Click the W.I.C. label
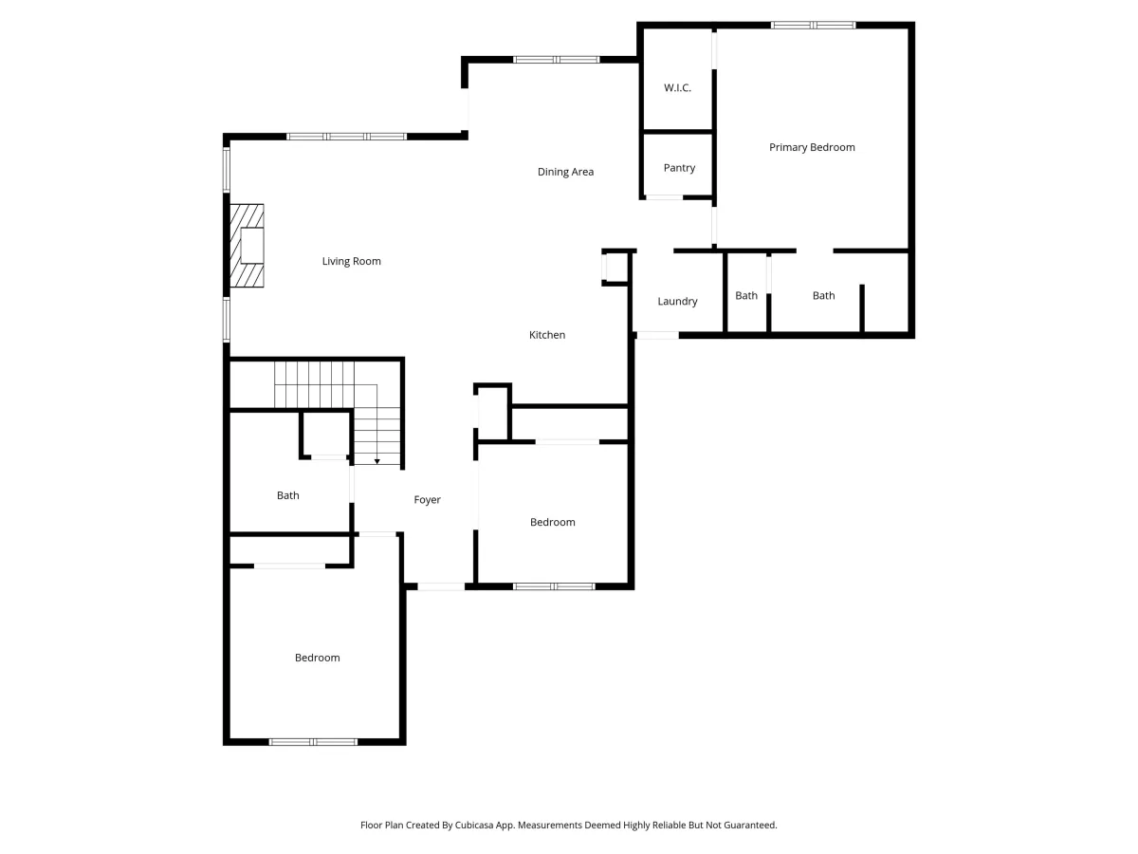[x=677, y=87]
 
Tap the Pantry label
[x=679, y=168]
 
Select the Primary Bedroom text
[x=812, y=147]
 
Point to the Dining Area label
[x=565, y=172]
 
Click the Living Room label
[x=352, y=261]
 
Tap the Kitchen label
[x=547, y=335]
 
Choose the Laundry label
[x=677, y=301]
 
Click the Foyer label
[x=427, y=500]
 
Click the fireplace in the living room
[x=247, y=246]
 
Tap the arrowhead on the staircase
[x=376, y=461]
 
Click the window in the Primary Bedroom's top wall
[x=813, y=25]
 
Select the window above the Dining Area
[x=557, y=60]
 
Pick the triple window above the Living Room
[x=346, y=137]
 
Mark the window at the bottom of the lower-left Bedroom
[x=313, y=742]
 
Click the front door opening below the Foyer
[x=441, y=586]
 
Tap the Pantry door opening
[x=664, y=197]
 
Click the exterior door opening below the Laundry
[x=657, y=336]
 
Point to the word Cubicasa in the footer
[x=474, y=825]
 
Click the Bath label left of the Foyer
[x=287, y=495]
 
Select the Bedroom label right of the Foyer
[x=552, y=522]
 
